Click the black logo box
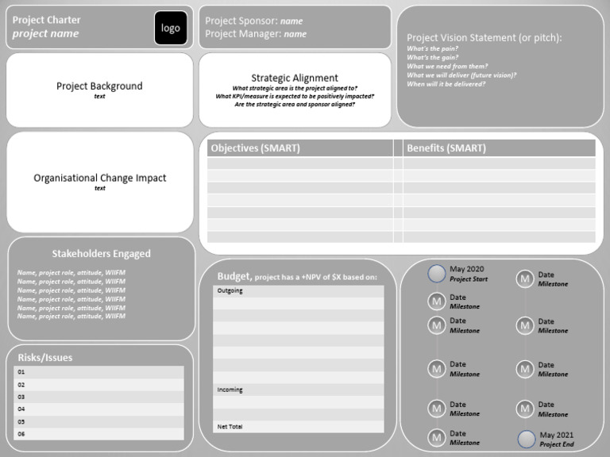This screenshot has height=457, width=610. coord(171,28)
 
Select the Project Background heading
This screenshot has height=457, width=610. coord(99,86)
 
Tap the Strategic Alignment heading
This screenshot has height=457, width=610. coord(295,78)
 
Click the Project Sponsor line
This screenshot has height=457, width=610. coord(253,21)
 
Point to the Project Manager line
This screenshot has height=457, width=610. coord(256,34)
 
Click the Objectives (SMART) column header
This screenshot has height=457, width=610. coord(255,148)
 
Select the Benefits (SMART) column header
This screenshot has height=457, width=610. coord(446,148)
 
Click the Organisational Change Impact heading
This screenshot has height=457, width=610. coord(100,178)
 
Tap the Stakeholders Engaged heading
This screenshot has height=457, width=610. coord(101,254)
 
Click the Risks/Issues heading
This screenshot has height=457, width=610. coord(45,358)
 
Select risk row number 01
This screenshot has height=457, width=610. coord(21,372)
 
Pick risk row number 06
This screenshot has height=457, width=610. coord(21,434)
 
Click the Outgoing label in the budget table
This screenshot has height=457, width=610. coord(230,291)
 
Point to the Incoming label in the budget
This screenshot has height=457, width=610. coord(230,390)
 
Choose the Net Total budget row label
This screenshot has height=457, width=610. coord(231,427)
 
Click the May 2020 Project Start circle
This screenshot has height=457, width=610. coord(437,274)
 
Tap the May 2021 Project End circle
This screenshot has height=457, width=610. coord(527,439)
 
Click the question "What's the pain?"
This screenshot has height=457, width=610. coord(432,49)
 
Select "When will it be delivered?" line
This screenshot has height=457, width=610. coord(446,84)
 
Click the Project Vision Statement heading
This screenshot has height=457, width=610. coord(485,37)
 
